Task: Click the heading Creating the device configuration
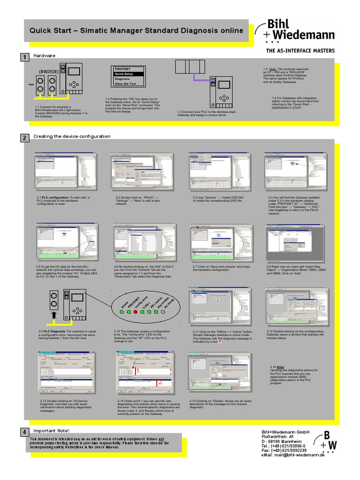[72, 136]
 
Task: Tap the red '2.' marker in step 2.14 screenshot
[160, 382]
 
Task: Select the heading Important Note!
[51, 430]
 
